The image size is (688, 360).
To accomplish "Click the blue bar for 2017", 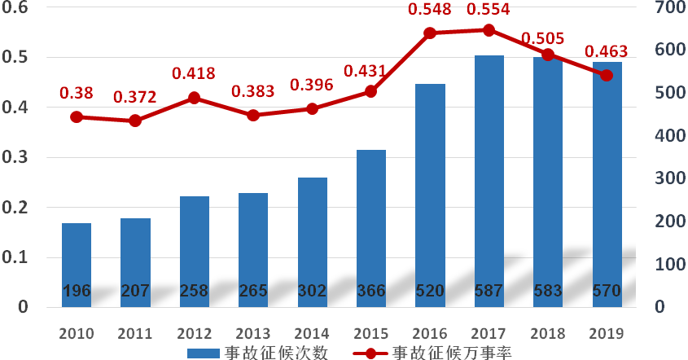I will (x=489, y=181).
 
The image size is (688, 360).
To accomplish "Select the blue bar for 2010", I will (x=77, y=265).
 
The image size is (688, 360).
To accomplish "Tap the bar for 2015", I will (x=371, y=228).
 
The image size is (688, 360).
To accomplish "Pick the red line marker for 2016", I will (x=431, y=33).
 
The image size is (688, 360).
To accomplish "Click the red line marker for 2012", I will (x=195, y=98).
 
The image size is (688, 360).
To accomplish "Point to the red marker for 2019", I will (x=607, y=76).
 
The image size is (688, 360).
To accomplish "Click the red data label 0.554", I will (x=489, y=10).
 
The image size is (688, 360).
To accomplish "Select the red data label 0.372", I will (x=135, y=97).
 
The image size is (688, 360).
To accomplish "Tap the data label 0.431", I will (x=371, y=71).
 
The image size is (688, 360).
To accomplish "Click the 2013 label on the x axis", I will (x=253, y=333).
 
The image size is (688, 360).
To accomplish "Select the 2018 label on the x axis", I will (x=548, y=333).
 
